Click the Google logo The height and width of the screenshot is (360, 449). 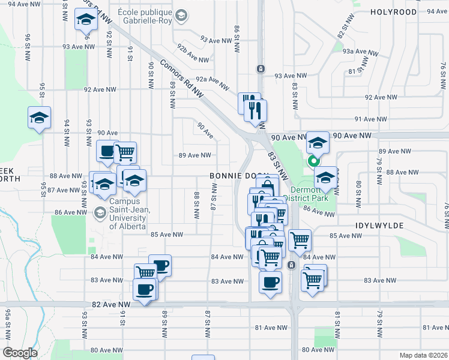pyautogui.click(x=20, y=353)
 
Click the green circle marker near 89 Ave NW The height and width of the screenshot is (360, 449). pyautogui.click(x=313, y=161)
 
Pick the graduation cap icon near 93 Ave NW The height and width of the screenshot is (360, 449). pyautogui.click(x=86, y=20)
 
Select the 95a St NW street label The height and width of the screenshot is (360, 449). pyautogui.click(x=8, y=323)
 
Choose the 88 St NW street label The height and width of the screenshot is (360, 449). pyautogui.click(x=196, y=205)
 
